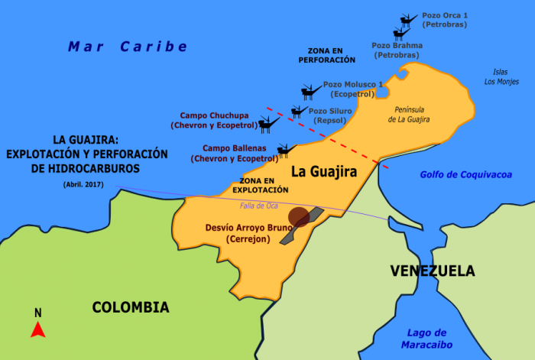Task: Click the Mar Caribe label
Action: point(128,47)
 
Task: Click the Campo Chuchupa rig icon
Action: point(267,123)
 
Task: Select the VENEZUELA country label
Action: point(432,271)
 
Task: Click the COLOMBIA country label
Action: point(130,307)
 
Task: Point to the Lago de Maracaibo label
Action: point(427,338)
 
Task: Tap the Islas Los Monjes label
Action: point(502,77)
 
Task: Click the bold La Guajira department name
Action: point(324,172)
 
